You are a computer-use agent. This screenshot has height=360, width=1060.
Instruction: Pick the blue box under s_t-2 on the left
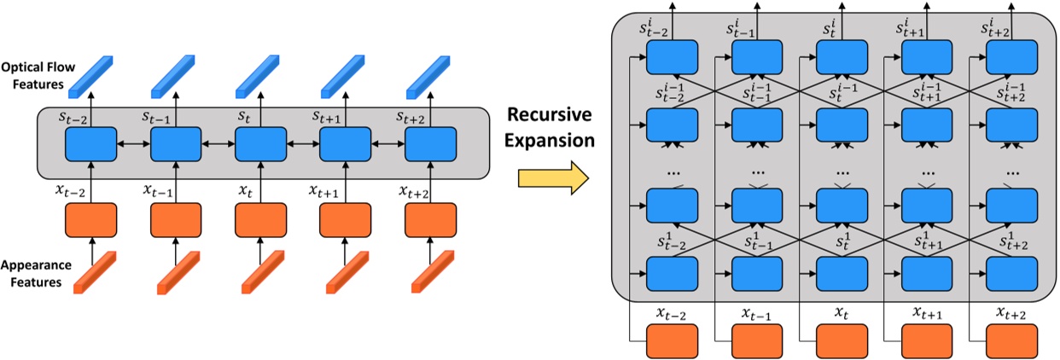(x=91, y=144)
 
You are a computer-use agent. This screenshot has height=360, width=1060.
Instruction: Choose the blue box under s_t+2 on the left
(x=429, y=144)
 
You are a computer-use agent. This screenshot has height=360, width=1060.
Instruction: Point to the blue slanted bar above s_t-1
(x=176, y=75)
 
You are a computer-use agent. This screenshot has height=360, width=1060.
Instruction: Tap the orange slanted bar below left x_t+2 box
(x=429, y=273)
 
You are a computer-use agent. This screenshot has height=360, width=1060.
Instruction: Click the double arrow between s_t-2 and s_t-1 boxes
(x=133, y=145)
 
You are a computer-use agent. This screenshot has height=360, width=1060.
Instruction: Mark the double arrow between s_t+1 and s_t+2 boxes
(x=387, y=145)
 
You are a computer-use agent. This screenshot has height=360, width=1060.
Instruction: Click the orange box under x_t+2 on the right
(x=1011, y=343)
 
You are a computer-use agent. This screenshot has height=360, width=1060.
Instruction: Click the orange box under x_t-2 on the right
(x=673, y=343)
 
